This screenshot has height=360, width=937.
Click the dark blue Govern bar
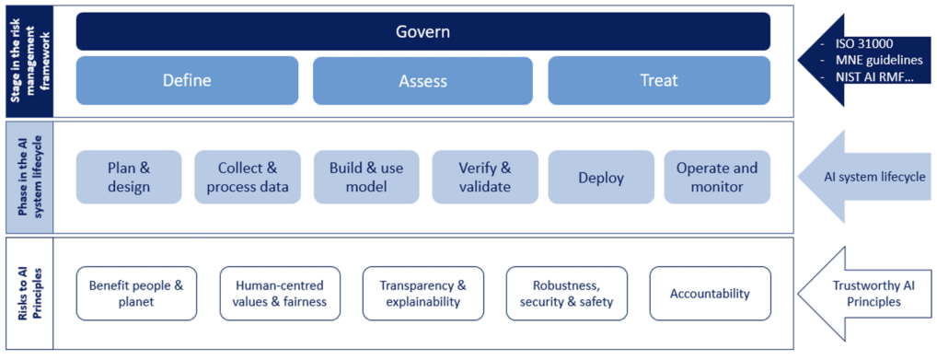coord(422,31)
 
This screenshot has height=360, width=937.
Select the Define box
coord(187,80)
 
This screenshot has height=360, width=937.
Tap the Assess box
coord(422,81)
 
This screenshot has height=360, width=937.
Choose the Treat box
coord(659,80)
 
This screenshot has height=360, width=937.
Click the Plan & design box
coord(129,178)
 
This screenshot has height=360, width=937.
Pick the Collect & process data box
coord(247,178)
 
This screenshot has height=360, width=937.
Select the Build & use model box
coord(365,178)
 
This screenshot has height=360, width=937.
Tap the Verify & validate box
coord(484,178)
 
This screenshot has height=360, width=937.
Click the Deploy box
coord(601,178)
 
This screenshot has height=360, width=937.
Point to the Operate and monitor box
coord(717,178)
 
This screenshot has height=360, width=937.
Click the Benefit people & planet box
coord(135,294)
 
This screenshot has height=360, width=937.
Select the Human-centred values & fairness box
coord(280,294)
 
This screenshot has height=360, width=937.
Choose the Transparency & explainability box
coord(422,294)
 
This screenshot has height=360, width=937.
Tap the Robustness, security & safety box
coord(566,294)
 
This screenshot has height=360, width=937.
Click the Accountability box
coord(710,294)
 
